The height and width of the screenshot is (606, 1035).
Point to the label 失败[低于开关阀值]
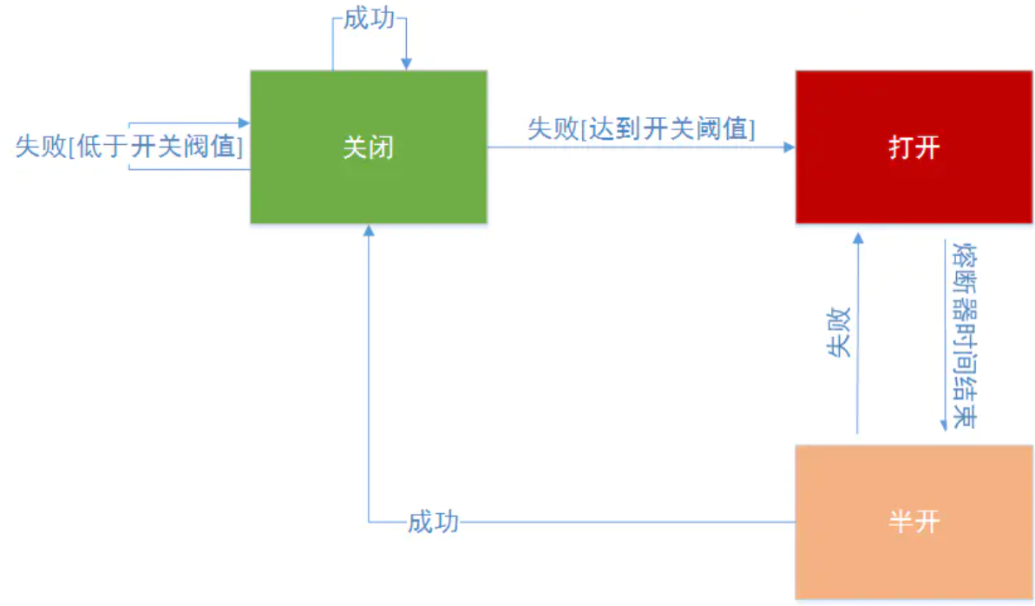(x=128, y=147)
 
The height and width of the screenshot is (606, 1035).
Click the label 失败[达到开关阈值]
(x=641, y=129)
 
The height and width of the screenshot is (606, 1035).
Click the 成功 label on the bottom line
(x=433, y=523)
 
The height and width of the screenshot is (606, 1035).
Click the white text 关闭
(x=369, y=148)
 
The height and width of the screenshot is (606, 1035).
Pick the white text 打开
(x=914, y=148)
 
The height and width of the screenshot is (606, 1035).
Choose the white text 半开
(x=914, y=521)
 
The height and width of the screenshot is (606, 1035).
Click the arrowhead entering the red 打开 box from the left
(x=789, y=148)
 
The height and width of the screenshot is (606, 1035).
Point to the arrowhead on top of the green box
(x=405, y=64)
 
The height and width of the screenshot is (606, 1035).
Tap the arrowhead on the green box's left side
(x=244, y=124)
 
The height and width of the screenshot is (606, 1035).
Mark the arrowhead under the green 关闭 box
(x=369, y=230)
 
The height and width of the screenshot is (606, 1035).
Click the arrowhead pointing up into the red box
(x=857, y=235)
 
